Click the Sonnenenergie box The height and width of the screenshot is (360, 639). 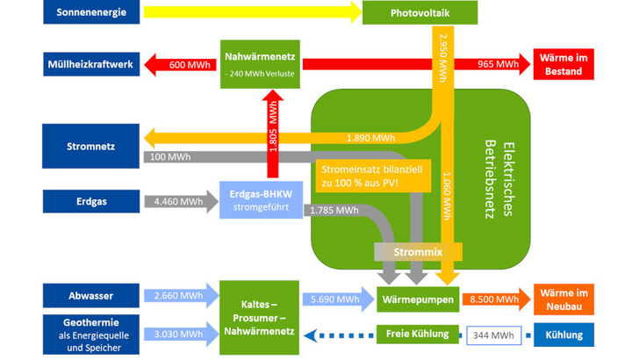point(90,12)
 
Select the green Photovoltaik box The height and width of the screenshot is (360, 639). point(420,12)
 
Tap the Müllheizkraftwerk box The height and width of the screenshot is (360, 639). point(90,64)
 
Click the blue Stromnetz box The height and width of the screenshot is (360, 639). point(90,145)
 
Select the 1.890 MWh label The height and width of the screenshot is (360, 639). point(371,138)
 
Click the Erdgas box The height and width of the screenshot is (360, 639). point(90,201)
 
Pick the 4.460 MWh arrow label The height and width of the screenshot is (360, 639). point(178,201)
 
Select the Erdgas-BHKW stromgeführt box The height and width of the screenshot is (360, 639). point(260,201)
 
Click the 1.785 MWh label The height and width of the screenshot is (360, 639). point(334,211)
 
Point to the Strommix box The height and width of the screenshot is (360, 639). point(418,251)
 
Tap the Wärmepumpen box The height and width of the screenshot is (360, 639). point(418,299)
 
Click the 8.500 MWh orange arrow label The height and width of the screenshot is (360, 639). point(494,299)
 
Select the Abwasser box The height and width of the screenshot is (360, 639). point(90,297)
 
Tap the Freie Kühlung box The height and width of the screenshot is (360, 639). point(418,335)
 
